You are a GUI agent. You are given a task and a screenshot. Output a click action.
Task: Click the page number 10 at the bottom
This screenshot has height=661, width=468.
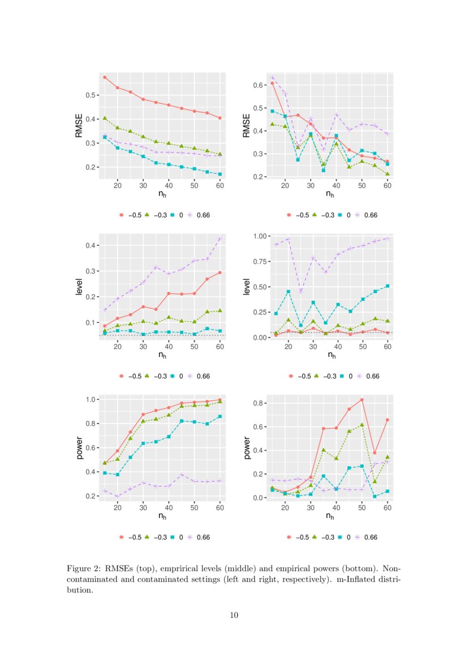click(234, 615)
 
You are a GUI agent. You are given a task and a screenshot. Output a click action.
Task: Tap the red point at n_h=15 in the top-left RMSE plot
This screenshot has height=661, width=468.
click(105, 77)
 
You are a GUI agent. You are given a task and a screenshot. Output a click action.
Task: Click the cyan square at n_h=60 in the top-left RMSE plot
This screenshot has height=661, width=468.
click(220, 174)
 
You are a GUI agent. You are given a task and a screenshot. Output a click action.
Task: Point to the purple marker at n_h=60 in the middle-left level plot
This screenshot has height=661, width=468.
click(220, 239)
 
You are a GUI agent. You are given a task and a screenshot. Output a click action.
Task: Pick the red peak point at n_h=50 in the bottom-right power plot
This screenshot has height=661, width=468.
click(362, 400)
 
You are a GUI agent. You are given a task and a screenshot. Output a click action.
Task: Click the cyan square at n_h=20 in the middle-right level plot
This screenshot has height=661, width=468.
click(288, 292)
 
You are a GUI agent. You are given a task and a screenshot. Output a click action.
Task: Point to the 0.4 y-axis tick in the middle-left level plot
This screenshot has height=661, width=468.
click(90, 245)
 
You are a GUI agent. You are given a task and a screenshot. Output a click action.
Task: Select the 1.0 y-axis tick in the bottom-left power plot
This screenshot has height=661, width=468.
click(90, 400)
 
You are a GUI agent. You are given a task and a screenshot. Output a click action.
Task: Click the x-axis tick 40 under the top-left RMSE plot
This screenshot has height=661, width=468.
click(169, 186)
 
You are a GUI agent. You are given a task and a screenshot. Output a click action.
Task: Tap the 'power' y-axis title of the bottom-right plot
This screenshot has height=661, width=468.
click(246, 447)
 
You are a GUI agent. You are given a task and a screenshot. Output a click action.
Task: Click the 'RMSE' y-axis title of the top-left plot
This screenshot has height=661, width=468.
click(79, 126)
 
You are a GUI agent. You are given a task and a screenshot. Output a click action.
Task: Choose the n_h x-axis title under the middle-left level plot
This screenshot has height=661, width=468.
click(162, 356)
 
